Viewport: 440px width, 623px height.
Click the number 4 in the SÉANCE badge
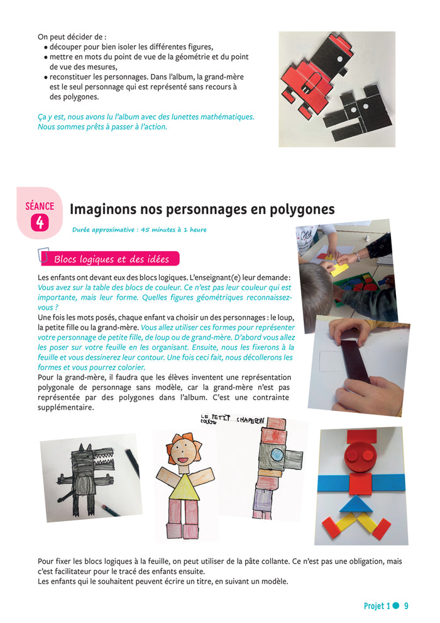[x=40, y=223]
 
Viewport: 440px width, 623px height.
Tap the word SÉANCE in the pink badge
[x=40, y=206]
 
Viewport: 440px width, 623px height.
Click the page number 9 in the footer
[x=406, y=606]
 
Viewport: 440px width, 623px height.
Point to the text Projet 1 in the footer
[x=377, y=606]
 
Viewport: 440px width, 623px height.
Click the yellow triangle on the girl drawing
[x=184, y=487]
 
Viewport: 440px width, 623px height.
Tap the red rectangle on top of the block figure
[x=361, y=435]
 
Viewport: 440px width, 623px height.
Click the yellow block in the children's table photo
[x=339, y=269]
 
